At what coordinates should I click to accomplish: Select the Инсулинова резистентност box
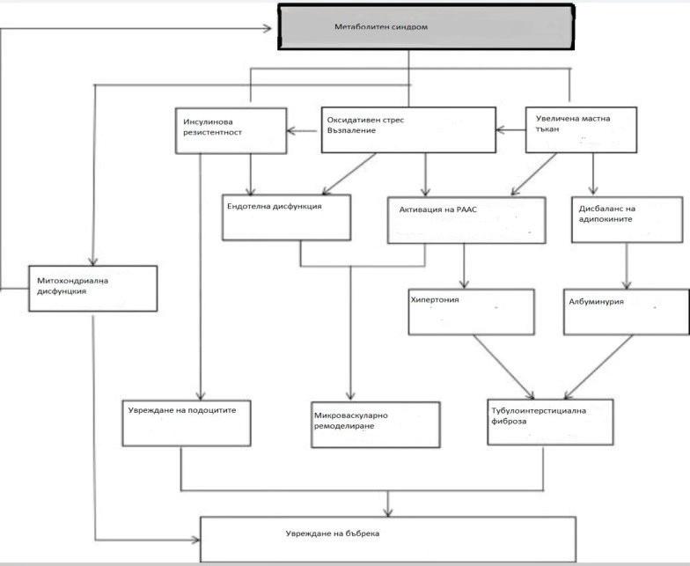click(x=231, y=130)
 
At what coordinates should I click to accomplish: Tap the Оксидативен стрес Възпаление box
click(x=407, y=129)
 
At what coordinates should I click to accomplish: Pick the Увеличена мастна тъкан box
click(x=584, y=129)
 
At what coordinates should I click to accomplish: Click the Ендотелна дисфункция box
click(x=286, y=217)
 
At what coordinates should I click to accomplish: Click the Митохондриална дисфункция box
click(x=93, y=287)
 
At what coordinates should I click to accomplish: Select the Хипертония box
click(x=471, y=311)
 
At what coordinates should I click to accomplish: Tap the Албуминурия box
click(x=626, y=311)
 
